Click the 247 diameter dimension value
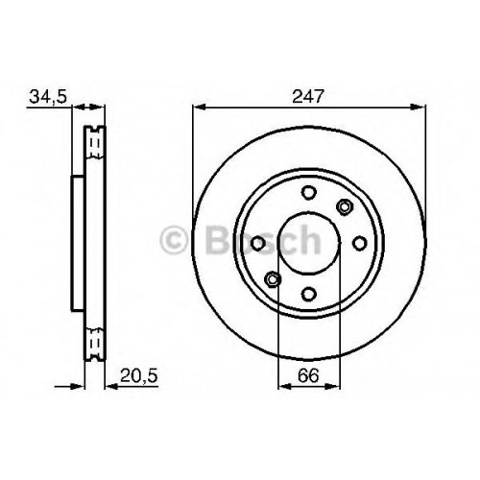click(x=308, y=96)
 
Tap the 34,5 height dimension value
click(x=48, y=96)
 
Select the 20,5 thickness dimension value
click(x=139, y=375)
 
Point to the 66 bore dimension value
click(x=308, y=375)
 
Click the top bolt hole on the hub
click(x=309, y=193)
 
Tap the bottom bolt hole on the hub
click(x=309, y=294)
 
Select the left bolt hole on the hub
click(x=258, y=244)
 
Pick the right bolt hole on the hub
click(x=360, y=243)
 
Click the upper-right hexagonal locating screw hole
click(x=345, y=206)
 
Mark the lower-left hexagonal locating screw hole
click(x=273, y=279)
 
